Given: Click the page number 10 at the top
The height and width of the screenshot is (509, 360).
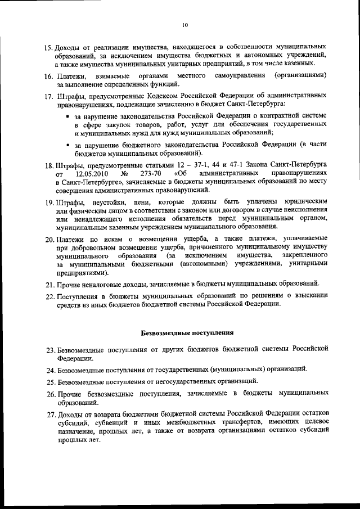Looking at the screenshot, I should pos(184,24).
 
